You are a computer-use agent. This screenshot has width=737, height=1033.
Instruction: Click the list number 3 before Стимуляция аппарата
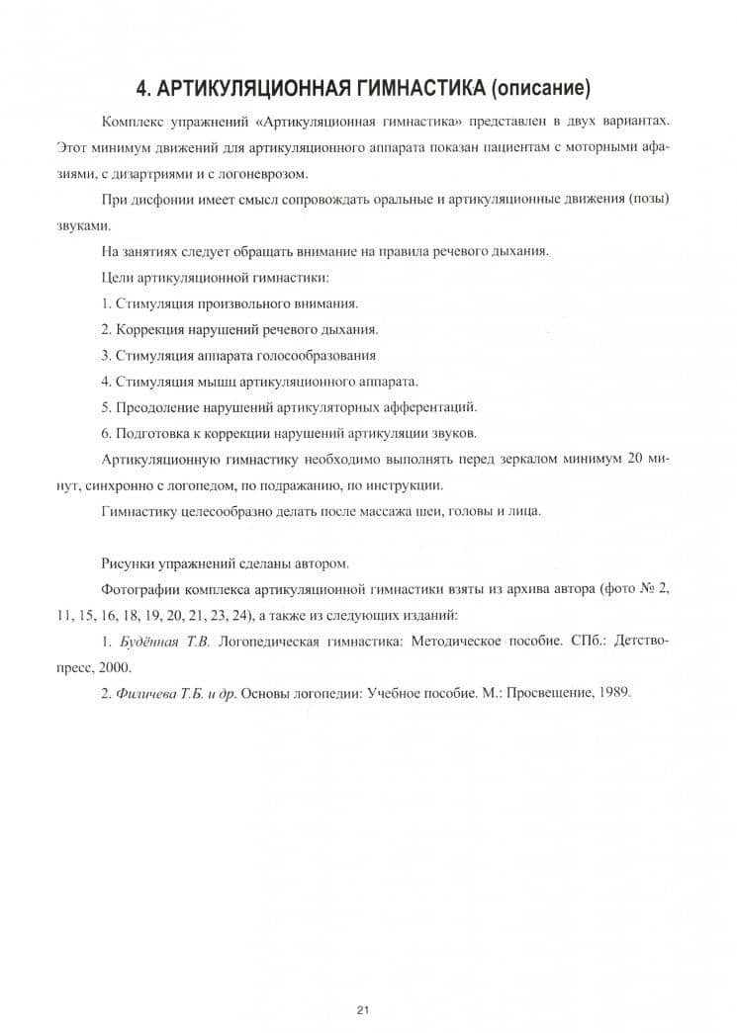click(x=105, y=355)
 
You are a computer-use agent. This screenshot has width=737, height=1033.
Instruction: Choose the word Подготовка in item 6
click(x=153, y=432)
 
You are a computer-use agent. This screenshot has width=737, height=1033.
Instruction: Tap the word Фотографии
click(x=141, y=589)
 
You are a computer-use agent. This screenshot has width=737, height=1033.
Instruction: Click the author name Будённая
click(x=147, y=642)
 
